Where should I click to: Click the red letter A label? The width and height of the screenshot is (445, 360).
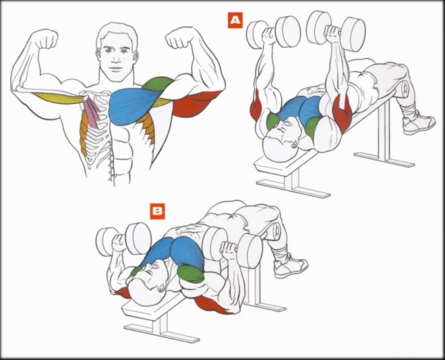(235, 20)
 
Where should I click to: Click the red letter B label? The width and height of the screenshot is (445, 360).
(158, 211)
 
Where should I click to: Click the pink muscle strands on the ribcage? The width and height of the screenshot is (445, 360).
(92, 111)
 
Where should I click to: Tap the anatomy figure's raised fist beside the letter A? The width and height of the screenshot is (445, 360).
(178, 38)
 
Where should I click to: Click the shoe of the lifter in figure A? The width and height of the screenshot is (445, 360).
(418, 121)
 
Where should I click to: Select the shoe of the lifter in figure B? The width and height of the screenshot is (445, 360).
(291, 265)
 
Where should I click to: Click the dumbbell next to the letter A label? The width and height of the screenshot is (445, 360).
(274, 31)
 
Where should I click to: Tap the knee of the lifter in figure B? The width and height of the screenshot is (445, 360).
(273, 231)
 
